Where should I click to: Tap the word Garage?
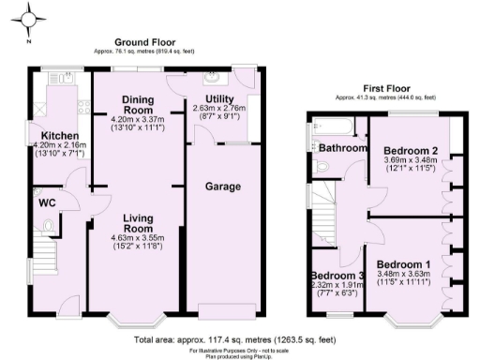pos(223,187)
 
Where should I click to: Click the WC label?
pos(48,202)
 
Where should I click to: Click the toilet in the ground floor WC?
pos(49,223)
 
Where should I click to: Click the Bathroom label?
pos(341,148)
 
